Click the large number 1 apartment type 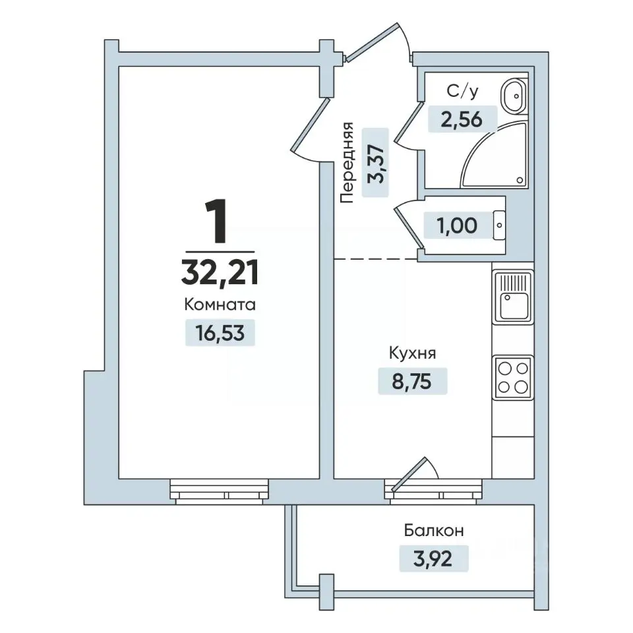click(x=216, y=222)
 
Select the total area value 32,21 click(x=220, y=272)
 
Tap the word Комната click(x=220, y=305)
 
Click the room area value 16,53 click(x=220, y=333)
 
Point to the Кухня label click(x=412, y=353)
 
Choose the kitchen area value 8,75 click(x=411, y=381)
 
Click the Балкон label click(x=434, y=530)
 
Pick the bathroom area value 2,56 click(x=462, y=119)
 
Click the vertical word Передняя click(x=347, y=162)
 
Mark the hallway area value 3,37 click(x=375, y=163)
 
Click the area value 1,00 click(x=457, y=226)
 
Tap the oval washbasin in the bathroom click(x=514, y=96)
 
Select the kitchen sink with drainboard click(x=513, y=297)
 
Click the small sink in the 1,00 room click(x=499, y=225)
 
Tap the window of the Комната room click(x=219, y=491)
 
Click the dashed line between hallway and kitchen click(x=376, y=258)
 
